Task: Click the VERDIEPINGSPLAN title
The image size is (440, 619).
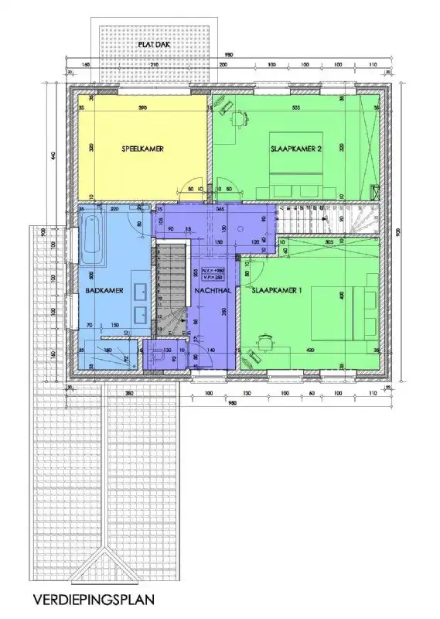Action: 94,598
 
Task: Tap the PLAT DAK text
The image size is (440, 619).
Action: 154,45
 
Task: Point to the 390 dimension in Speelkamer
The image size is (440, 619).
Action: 142,108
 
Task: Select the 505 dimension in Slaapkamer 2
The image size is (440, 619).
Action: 296,108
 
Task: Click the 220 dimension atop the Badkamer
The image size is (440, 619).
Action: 114,209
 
